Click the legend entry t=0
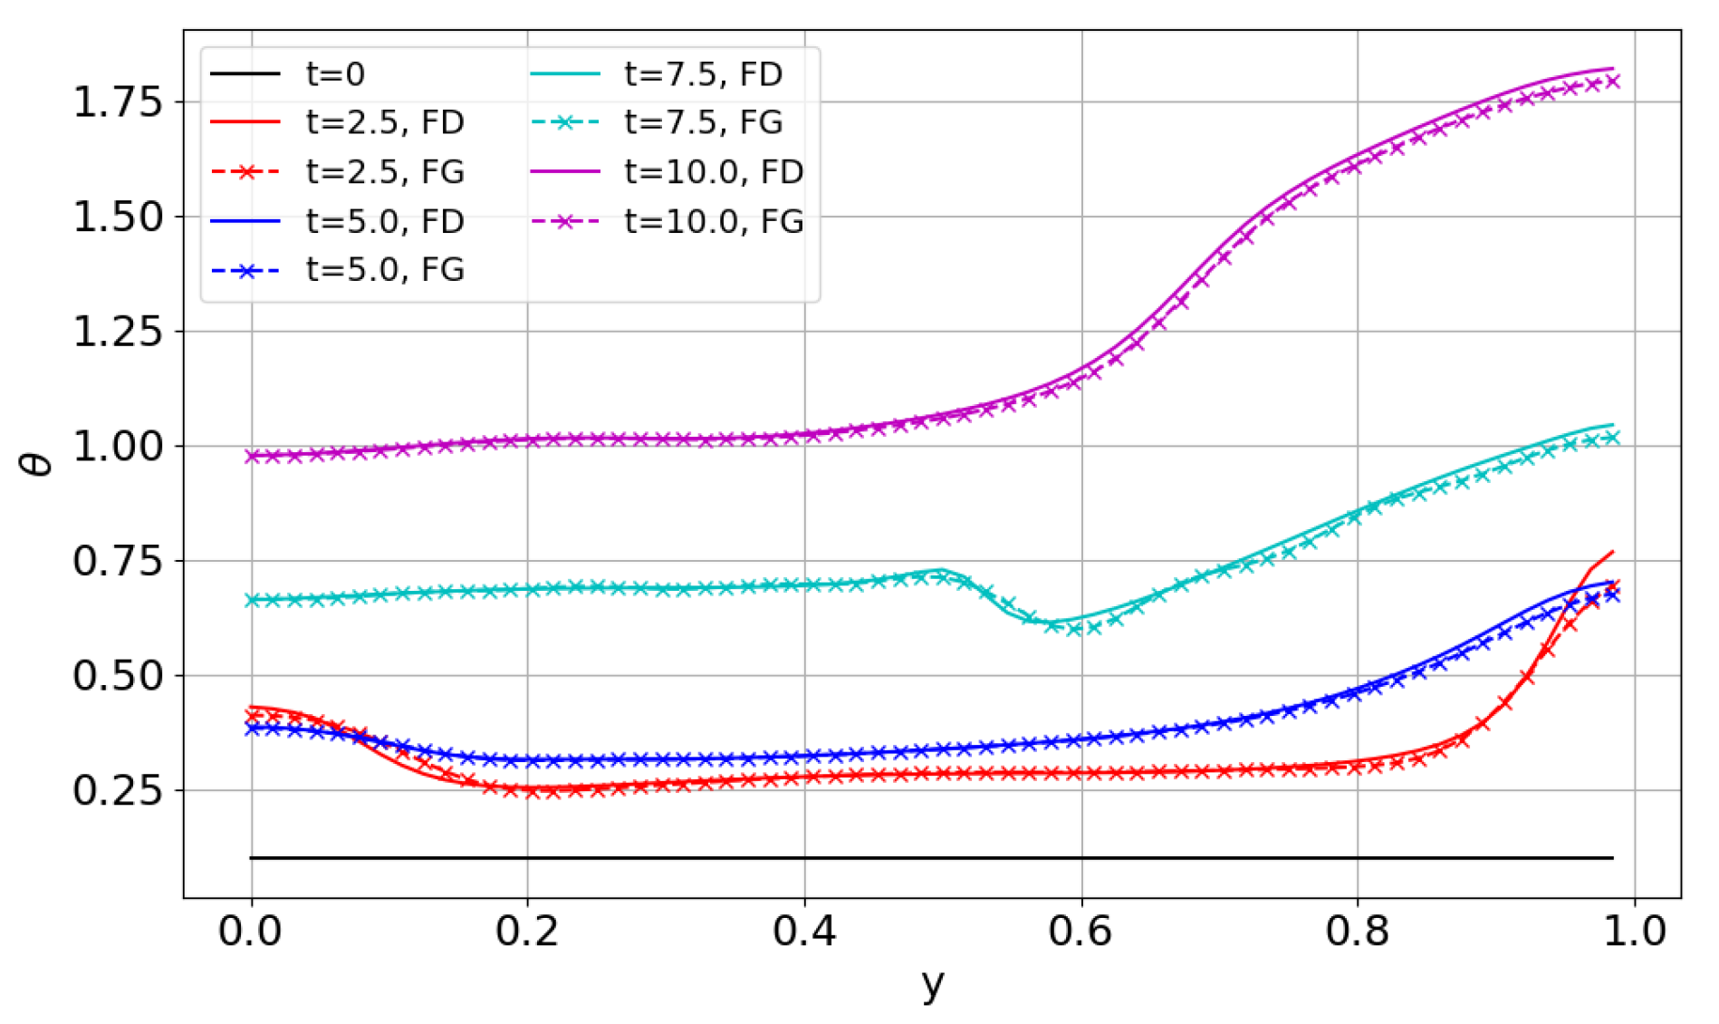click(x=334, y=73)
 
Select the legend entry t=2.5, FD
click(x=385, y=122)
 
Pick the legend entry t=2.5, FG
click(x=385, y=171)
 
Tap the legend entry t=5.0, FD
click(x=385, y=220)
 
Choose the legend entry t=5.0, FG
click(x=385, y=269)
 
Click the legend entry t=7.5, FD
click(x=703, y=73)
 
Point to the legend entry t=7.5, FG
click(x=703, y=122)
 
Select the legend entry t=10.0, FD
click(x=714, y=171)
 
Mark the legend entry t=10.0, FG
click(x=714, y=220)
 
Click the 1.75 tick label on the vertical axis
click(x=118, y=101)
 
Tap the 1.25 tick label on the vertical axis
click(x=118, y=332)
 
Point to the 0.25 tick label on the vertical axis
click(x=118, y=790)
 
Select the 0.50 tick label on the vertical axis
click(x=118, y=676)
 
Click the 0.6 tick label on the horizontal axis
click(x=1080, y=932)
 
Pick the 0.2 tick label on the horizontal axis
click(x=527, y=932)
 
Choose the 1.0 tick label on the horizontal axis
click(x=1634, y=932)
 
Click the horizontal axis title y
click(x=932, y=984)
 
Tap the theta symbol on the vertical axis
click(x=36, y=464)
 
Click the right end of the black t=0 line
click(x=1612, y=857)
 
